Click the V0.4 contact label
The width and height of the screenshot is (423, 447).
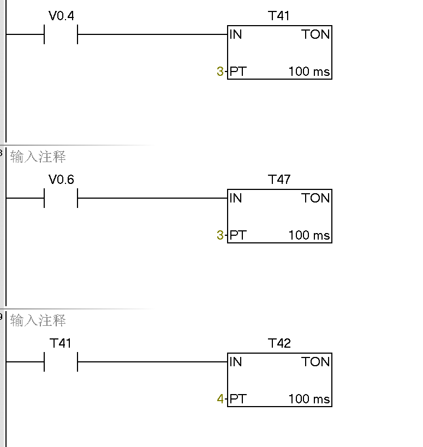pos(61,16)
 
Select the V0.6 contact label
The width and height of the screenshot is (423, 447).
pos(61,180)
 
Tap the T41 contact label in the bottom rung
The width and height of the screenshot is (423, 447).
pos(61,343)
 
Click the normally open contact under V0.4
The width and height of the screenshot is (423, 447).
pos(61,34)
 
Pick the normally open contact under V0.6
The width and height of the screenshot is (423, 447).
pos(61,198)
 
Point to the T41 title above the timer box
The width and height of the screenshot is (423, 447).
pos(279,16)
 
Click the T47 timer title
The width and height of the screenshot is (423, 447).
pos(279,180)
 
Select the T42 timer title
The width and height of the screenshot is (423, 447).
pos(279,343)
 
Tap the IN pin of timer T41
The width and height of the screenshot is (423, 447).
pos(236,34)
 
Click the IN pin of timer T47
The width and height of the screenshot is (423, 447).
pos(236,198)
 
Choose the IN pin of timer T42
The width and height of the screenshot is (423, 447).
pos(236,362)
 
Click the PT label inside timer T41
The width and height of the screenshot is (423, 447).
pos(238,71)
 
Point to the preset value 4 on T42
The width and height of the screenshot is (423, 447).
pos(220,399)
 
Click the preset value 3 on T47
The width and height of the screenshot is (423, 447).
pos(220,235)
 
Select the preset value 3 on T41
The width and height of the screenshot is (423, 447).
pos(220,71)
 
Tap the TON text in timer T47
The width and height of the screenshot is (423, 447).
pos(315,198)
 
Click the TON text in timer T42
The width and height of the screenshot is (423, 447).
pos(315,362)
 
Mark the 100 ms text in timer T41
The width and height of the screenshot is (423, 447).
pos(309,71)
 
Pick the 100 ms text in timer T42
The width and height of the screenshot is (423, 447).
pos(309,399)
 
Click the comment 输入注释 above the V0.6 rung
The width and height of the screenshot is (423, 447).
pos(38,157)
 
